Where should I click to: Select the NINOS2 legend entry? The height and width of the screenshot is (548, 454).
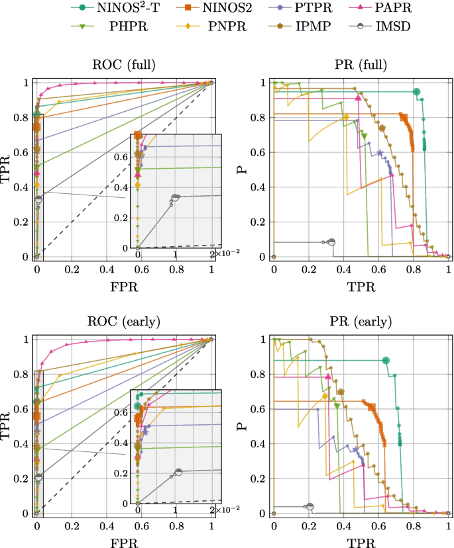[207, 10]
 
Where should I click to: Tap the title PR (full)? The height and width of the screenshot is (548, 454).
[361, 65]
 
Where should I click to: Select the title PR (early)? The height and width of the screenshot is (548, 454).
[361, 322]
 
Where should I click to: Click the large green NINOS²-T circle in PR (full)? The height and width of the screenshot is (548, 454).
[417, 92]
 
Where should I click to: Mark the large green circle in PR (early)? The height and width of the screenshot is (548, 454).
[386, 361]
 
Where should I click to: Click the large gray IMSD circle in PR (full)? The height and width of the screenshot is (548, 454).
[331, 242]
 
